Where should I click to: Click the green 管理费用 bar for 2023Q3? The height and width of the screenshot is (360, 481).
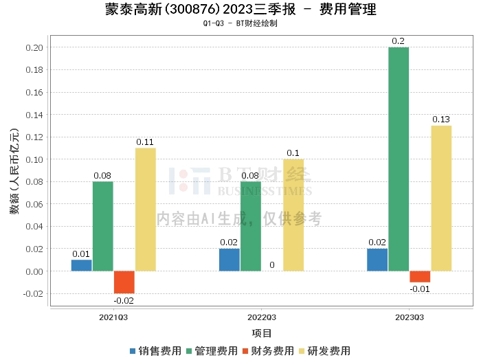(399, 159)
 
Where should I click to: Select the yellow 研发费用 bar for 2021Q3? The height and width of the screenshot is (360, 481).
(146, 210)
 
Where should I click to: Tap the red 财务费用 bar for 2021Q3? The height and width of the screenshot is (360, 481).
(124, 282)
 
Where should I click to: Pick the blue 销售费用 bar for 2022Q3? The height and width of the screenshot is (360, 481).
(230, 260)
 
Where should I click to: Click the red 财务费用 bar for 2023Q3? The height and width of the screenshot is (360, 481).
(420, 277)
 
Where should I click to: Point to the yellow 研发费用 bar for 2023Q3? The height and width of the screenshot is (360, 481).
(441, 199)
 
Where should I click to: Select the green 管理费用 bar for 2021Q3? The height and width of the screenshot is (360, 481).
(103, 226)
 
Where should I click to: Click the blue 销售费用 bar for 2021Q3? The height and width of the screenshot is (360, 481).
(81, 266)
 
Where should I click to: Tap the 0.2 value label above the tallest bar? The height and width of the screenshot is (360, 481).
(398, 41)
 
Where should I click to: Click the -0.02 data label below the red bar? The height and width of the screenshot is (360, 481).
(124, 300)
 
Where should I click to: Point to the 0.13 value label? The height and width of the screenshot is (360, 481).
(441, 120)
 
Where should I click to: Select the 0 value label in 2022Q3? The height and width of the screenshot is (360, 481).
(272, 265)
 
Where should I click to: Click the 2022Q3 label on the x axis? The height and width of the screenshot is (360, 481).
(262, 317)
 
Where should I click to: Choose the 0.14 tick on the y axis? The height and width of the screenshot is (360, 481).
(34, 115)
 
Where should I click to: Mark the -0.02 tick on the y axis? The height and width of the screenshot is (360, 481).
(33, 293)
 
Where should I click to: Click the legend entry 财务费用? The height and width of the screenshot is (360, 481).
(268, 351)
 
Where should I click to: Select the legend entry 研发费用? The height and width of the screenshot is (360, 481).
(324, 351)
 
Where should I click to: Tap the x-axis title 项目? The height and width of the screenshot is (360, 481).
(262, 333)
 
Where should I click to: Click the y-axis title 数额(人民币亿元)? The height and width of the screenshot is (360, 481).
(14, 171)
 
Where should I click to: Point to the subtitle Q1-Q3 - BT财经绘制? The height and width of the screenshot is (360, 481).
(240, 23)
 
